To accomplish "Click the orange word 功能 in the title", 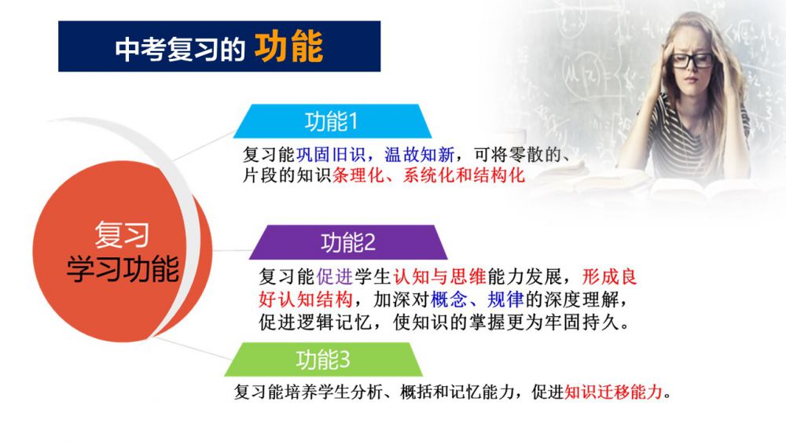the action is click(288, 46).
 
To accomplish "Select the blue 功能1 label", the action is click(332, 121).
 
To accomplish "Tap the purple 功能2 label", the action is click(348, 243).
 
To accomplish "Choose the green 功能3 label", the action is click(323, 359).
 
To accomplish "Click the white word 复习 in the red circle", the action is click(122, 234).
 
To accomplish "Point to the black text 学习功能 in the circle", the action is click(123, 268).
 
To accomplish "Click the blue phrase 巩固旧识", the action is click(331, 154).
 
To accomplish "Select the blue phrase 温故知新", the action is click(419, 154).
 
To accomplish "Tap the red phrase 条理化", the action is click(358, 175).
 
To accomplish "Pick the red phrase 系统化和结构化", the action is click(464, 175).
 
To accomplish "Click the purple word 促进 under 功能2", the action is click(334, 276).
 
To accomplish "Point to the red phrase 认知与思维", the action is click(439, 276).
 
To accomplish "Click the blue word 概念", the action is click(449, 300).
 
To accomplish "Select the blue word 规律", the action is click(505, 300).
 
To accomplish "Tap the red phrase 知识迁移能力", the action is click(614, 392).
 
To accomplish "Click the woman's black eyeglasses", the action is click(692, 61).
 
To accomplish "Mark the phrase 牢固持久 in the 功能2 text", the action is click(582, 322).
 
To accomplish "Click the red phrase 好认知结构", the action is click(306, 300).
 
